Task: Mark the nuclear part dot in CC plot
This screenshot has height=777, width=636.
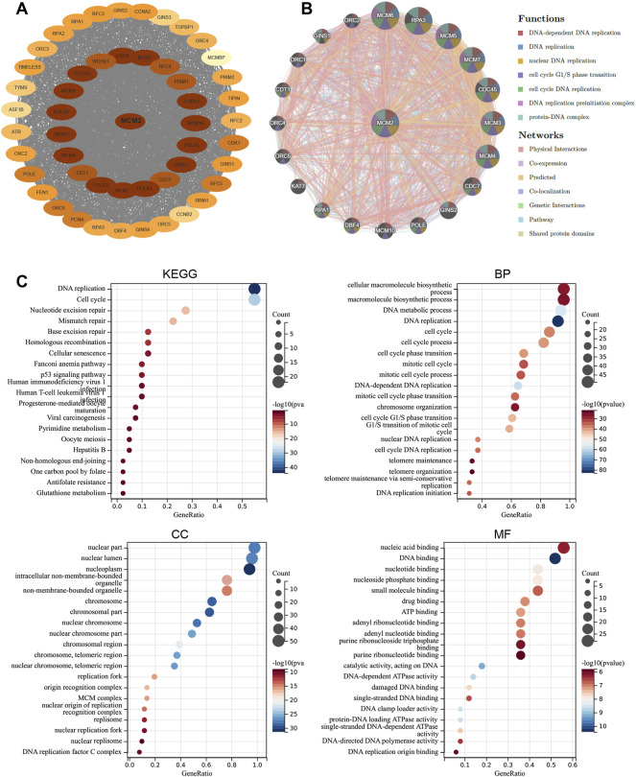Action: tap(254, 547)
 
